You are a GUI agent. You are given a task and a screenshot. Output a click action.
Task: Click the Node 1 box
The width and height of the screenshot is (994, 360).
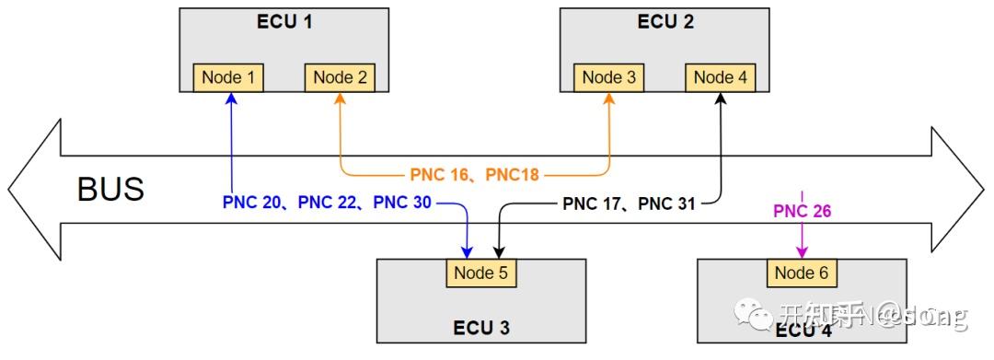[228, 77]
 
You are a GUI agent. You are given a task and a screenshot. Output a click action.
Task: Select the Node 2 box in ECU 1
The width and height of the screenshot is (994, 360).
[340, 77]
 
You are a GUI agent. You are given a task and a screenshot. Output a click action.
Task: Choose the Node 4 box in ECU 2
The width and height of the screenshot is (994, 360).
[721, 77]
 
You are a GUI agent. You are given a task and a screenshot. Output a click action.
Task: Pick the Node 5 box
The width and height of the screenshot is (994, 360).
[480, 273]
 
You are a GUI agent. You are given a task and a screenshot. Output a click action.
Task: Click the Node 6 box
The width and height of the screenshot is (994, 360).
[801, 273]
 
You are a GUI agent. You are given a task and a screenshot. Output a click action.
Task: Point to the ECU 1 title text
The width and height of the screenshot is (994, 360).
[284, 22]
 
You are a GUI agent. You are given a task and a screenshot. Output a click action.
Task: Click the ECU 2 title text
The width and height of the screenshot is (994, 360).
[665, 22]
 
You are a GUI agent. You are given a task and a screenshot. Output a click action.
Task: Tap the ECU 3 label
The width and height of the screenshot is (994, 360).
[480, 327]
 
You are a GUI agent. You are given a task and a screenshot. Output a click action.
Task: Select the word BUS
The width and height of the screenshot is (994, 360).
[110, 190]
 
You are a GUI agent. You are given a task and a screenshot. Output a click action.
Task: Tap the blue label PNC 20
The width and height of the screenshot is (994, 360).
[255, 202]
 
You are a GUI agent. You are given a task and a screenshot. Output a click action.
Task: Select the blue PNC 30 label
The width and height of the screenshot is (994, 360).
[401, 202]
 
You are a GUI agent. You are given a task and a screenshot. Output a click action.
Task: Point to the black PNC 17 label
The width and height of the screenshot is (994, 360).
[595, 203]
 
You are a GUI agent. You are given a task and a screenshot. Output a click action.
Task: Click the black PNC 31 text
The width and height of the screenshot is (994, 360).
[666, 203]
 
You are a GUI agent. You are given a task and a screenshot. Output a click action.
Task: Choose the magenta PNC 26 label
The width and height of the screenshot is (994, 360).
[802, 211]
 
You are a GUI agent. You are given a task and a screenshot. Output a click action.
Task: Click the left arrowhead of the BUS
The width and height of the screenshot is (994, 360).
[32, 190]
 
